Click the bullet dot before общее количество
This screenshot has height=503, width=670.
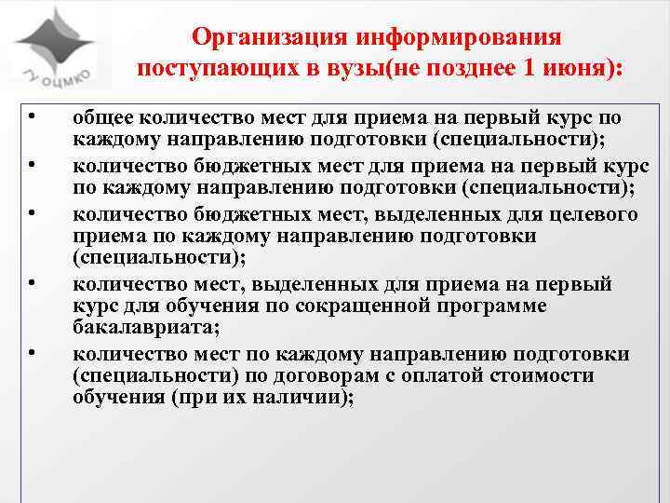[33, 117]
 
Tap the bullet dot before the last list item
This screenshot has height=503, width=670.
[33, 352]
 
